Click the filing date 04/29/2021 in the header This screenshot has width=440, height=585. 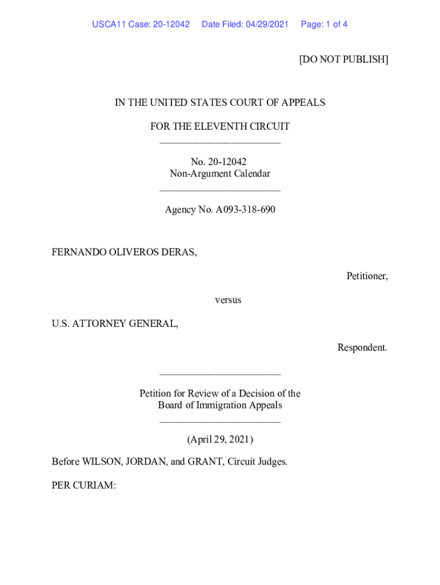click(267, 25)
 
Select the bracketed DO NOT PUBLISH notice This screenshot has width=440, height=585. click(343, 59)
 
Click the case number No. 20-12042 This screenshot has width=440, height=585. click(219, 162)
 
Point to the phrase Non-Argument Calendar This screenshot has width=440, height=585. click(220, 174)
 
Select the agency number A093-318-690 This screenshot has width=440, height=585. click(245, 210)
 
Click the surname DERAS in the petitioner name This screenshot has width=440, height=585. click(179, 252)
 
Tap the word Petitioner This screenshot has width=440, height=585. click(367, 276)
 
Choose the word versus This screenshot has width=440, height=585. click(228, 300)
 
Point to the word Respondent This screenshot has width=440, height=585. click(362, 347)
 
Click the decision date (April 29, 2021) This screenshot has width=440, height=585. click(220, 439)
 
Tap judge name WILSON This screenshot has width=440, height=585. click(101, 462)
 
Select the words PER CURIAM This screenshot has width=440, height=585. click(83, 486)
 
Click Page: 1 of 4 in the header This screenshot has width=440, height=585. click(324, 25)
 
